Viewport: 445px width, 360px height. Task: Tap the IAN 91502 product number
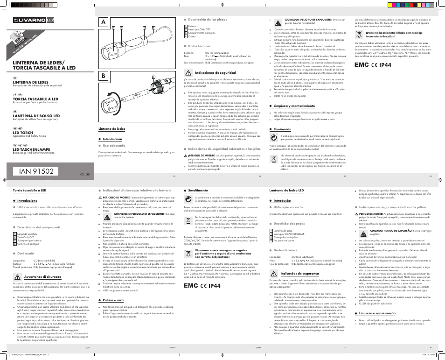[36, 171]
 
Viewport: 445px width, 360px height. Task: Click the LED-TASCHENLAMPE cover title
[32, 149]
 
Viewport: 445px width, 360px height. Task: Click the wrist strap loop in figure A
[162, 35]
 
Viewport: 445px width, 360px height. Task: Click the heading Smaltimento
[198, 191]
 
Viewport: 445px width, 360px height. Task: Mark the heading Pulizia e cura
[113, 299]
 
